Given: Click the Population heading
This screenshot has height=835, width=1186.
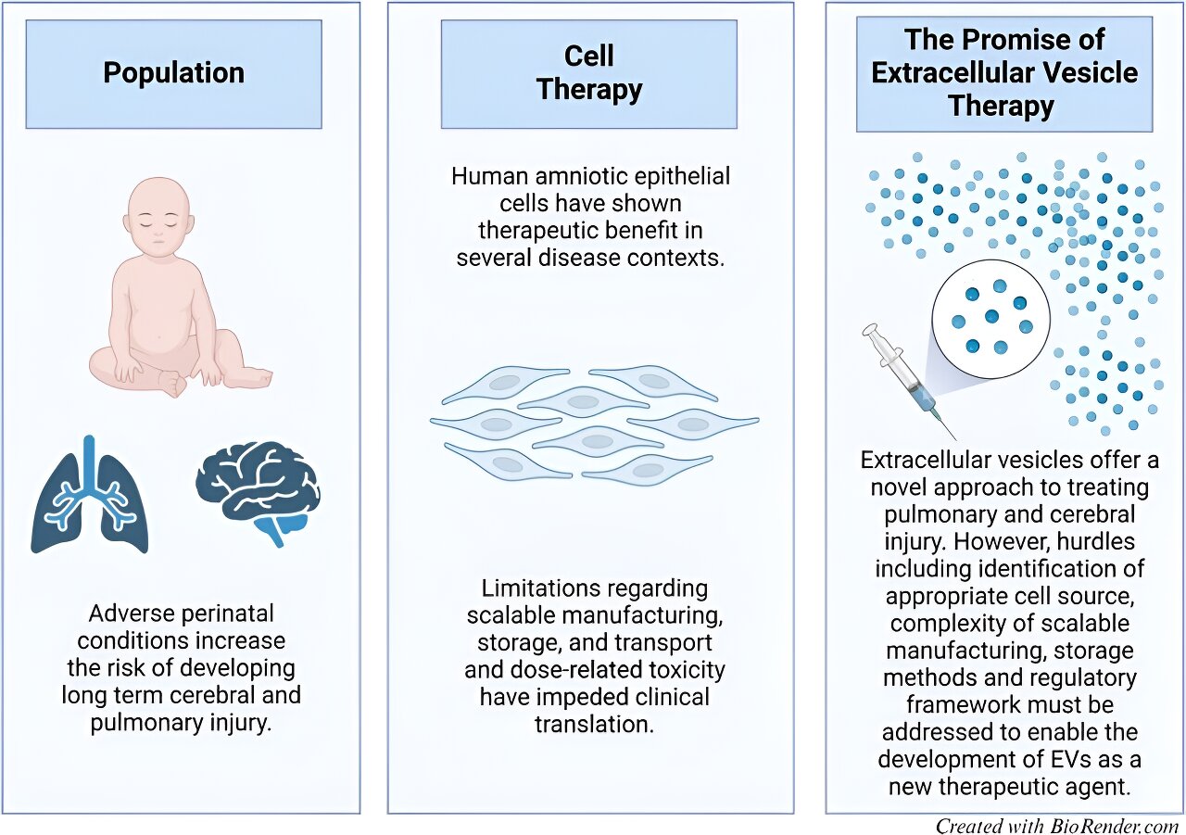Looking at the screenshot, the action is [173, 73].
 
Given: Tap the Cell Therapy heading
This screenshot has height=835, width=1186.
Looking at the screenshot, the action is [589, 72].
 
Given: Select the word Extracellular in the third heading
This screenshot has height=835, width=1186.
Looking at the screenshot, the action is [959, 72].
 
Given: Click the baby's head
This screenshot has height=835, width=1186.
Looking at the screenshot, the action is [158, 218].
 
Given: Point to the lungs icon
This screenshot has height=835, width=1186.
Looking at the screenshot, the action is [90, 496].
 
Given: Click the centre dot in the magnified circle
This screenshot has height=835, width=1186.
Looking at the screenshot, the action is [991, 317].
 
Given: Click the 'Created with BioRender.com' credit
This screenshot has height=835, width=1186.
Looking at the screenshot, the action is [1057, 826].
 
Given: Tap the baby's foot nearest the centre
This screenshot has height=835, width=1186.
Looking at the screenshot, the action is [173, 383].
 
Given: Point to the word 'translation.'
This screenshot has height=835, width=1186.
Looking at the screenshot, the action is [595, 725].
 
